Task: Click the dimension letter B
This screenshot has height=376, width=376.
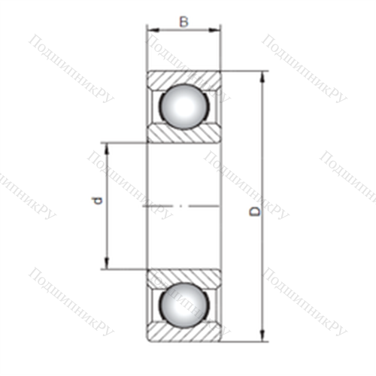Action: click(x=183, y=22)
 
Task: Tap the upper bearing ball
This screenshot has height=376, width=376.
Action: click(x=184, y=107)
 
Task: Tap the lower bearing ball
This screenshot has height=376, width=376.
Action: click(x=184, y=306)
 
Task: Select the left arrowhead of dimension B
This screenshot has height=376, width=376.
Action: click(x=153, y=30)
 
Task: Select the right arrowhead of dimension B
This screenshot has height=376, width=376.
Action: click(x=215, y=30)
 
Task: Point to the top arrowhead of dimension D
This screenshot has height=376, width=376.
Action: click(x=262, y=77)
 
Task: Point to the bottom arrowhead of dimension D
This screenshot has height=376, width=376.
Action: click(x=262, y=335)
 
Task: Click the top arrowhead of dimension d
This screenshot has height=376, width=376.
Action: click(x=107, y=149)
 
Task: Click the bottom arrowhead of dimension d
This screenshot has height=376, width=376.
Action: click(x=107, y=263)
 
